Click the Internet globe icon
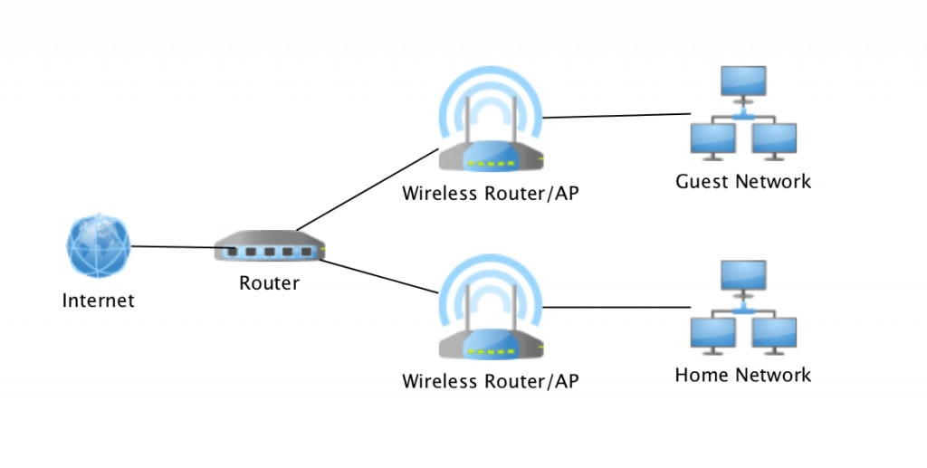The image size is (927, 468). click(99, 246)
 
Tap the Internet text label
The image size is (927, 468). click(98, 301)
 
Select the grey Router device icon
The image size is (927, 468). click(270, 248)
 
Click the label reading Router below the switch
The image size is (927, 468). click(269, 283)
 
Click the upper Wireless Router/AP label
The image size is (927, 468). click(490, 193)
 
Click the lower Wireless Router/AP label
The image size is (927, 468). click(490, 380)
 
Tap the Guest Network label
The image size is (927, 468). click(743, 181)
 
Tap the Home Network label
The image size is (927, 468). click(743, 374)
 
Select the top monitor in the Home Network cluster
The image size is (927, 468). click(743, 276)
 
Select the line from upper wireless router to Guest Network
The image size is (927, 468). click(616, 116)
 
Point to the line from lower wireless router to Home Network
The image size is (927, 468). click(616, 308)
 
